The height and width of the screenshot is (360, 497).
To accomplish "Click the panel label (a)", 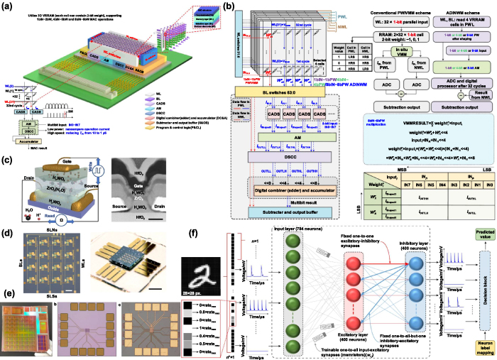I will [7, 6].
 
